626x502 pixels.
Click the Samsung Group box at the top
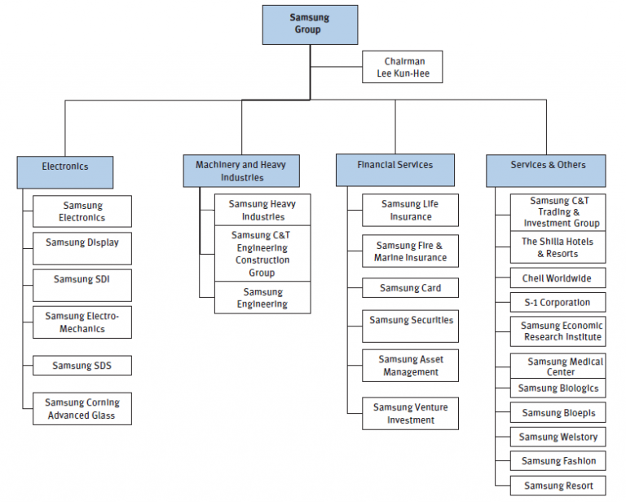click(309, 24)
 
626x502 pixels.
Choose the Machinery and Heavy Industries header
click(241, 171)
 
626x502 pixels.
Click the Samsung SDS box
click(82, 366)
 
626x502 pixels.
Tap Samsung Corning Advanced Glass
click(82, 408)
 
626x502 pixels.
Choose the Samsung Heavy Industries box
click(262, 210)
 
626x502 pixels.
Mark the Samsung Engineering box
click(262, 297)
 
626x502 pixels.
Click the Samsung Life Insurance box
click(410, 210)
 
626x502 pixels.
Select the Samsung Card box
click(410, 288)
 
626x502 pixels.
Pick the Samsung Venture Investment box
click(410, 413)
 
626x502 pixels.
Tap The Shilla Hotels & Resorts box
click(558, 247)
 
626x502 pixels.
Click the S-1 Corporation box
click(558, 302)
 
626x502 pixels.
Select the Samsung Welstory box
click(558, 437)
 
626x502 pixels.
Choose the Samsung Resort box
click(558, 486)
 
